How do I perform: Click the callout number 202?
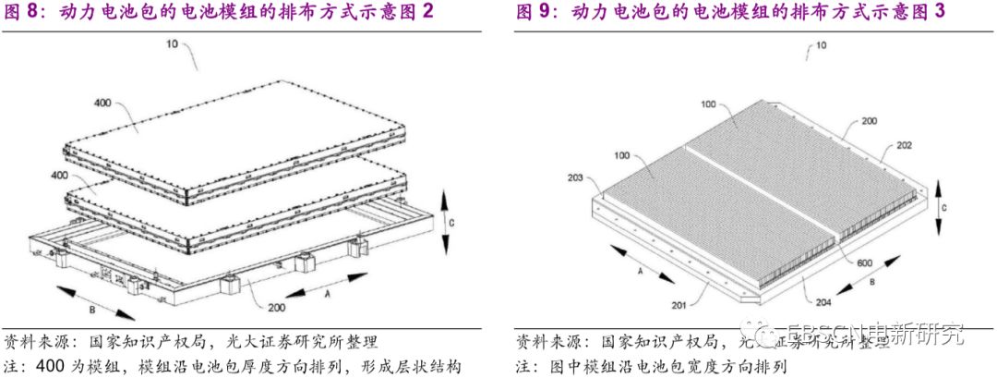(x=904, y=146)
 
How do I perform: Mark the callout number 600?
(x=862, y=262)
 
